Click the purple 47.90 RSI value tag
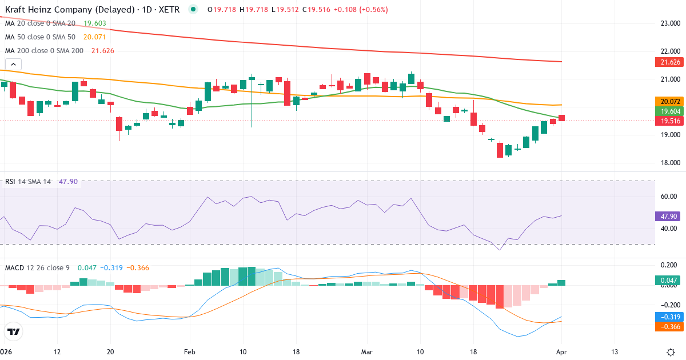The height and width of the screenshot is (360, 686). click(x=667, y=217)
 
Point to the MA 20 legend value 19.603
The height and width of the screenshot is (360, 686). click(x=95, y=23)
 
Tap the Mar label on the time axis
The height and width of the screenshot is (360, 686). click(x=366, y=351)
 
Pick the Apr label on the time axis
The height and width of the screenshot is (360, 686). click(x=561, y=351)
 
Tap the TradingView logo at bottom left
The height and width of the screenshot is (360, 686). click(x=14, y=331)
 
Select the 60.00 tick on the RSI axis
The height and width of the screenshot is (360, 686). click(x=669, y=197)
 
